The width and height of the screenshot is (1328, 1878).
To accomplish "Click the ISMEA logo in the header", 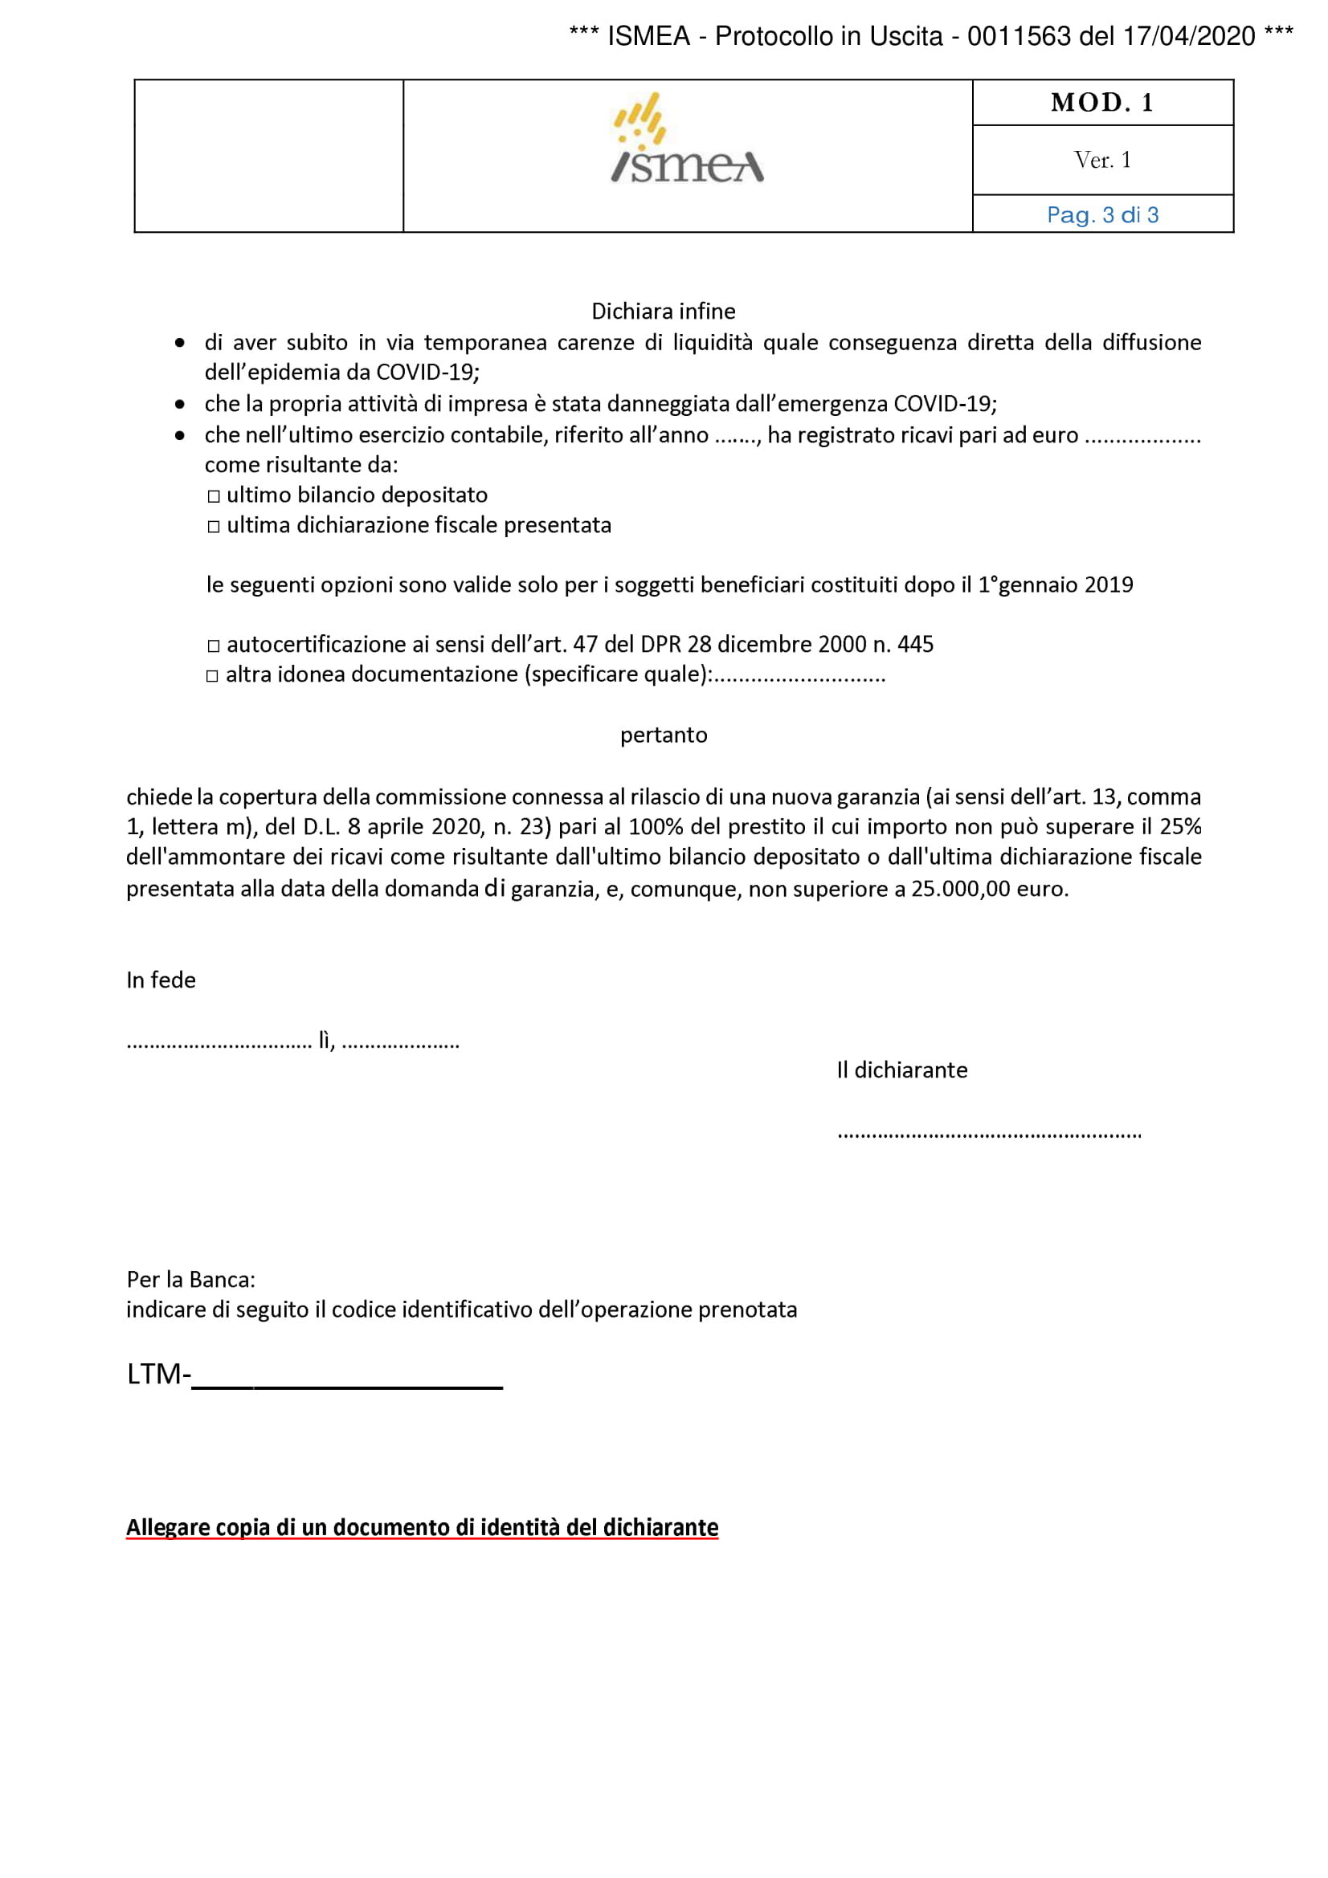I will (x=688, y=139).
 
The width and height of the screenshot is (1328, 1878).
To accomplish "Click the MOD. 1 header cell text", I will (x=1102, y=102).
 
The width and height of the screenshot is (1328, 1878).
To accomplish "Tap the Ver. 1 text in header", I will (x=1102, y=160).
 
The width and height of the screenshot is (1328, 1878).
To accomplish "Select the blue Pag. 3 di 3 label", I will (x=1102, y=215).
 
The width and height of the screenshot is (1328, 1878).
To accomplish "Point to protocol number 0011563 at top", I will (x=1019, y=36).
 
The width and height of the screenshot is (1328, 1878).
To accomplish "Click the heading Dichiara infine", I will (x=663, y=311).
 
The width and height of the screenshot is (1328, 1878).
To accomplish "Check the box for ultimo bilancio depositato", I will (x=214, y=496).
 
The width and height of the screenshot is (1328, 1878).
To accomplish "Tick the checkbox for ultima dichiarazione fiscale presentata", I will (x=214, y=527).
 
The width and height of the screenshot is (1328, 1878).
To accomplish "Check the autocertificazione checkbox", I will (x=214, y=646).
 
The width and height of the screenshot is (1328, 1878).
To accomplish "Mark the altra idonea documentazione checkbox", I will (x=213, y=676).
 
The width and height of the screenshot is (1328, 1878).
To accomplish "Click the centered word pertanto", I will (x=664, y=735).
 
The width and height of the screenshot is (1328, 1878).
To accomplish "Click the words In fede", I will (x=161, y=980).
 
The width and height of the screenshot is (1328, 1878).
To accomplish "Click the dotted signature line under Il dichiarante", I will (x=988, y=1135).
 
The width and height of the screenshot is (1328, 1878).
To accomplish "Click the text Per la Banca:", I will (x=190, y=1279).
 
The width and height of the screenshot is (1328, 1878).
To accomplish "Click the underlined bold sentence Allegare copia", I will (x=423, y=1528).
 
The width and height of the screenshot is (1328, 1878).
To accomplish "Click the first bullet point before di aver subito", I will (x=180, y=343).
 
